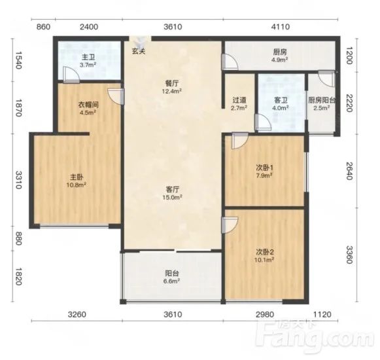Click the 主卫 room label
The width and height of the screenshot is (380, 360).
click(x=88, y=57)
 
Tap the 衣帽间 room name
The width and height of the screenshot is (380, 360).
click(x=88, y=105)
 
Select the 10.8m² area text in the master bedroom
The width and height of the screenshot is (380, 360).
click(x=77, y=185)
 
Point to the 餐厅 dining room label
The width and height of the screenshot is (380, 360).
click(x=172, y=84)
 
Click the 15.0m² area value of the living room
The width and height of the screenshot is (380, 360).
click(x=172, y=198)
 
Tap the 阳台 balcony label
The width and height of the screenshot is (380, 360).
click(x=172, y=274)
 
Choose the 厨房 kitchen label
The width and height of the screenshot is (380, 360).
click(x=280, y=52)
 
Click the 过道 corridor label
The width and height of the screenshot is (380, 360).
click(x=239, y=100)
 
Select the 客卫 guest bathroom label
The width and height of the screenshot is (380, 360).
click(x=281, y=100)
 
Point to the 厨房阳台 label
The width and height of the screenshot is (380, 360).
click(x=322, y=100)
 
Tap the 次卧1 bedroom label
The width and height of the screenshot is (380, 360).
click(x=265, y=168)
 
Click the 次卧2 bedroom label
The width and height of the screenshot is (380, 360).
click(x=265, y=252)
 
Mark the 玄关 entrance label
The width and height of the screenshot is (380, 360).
click(x=139, y=51)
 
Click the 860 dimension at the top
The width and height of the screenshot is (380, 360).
click(x=44, y=27)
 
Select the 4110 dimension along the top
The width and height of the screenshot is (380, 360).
click(x=280, y=27)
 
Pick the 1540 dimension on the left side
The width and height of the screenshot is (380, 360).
click(x=19, y=60)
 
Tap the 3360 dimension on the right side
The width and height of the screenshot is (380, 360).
click(x=349, y=255)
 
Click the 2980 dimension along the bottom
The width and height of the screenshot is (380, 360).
click(x=265, y=315)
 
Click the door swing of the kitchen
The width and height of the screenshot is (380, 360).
click(x=230, y=62)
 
